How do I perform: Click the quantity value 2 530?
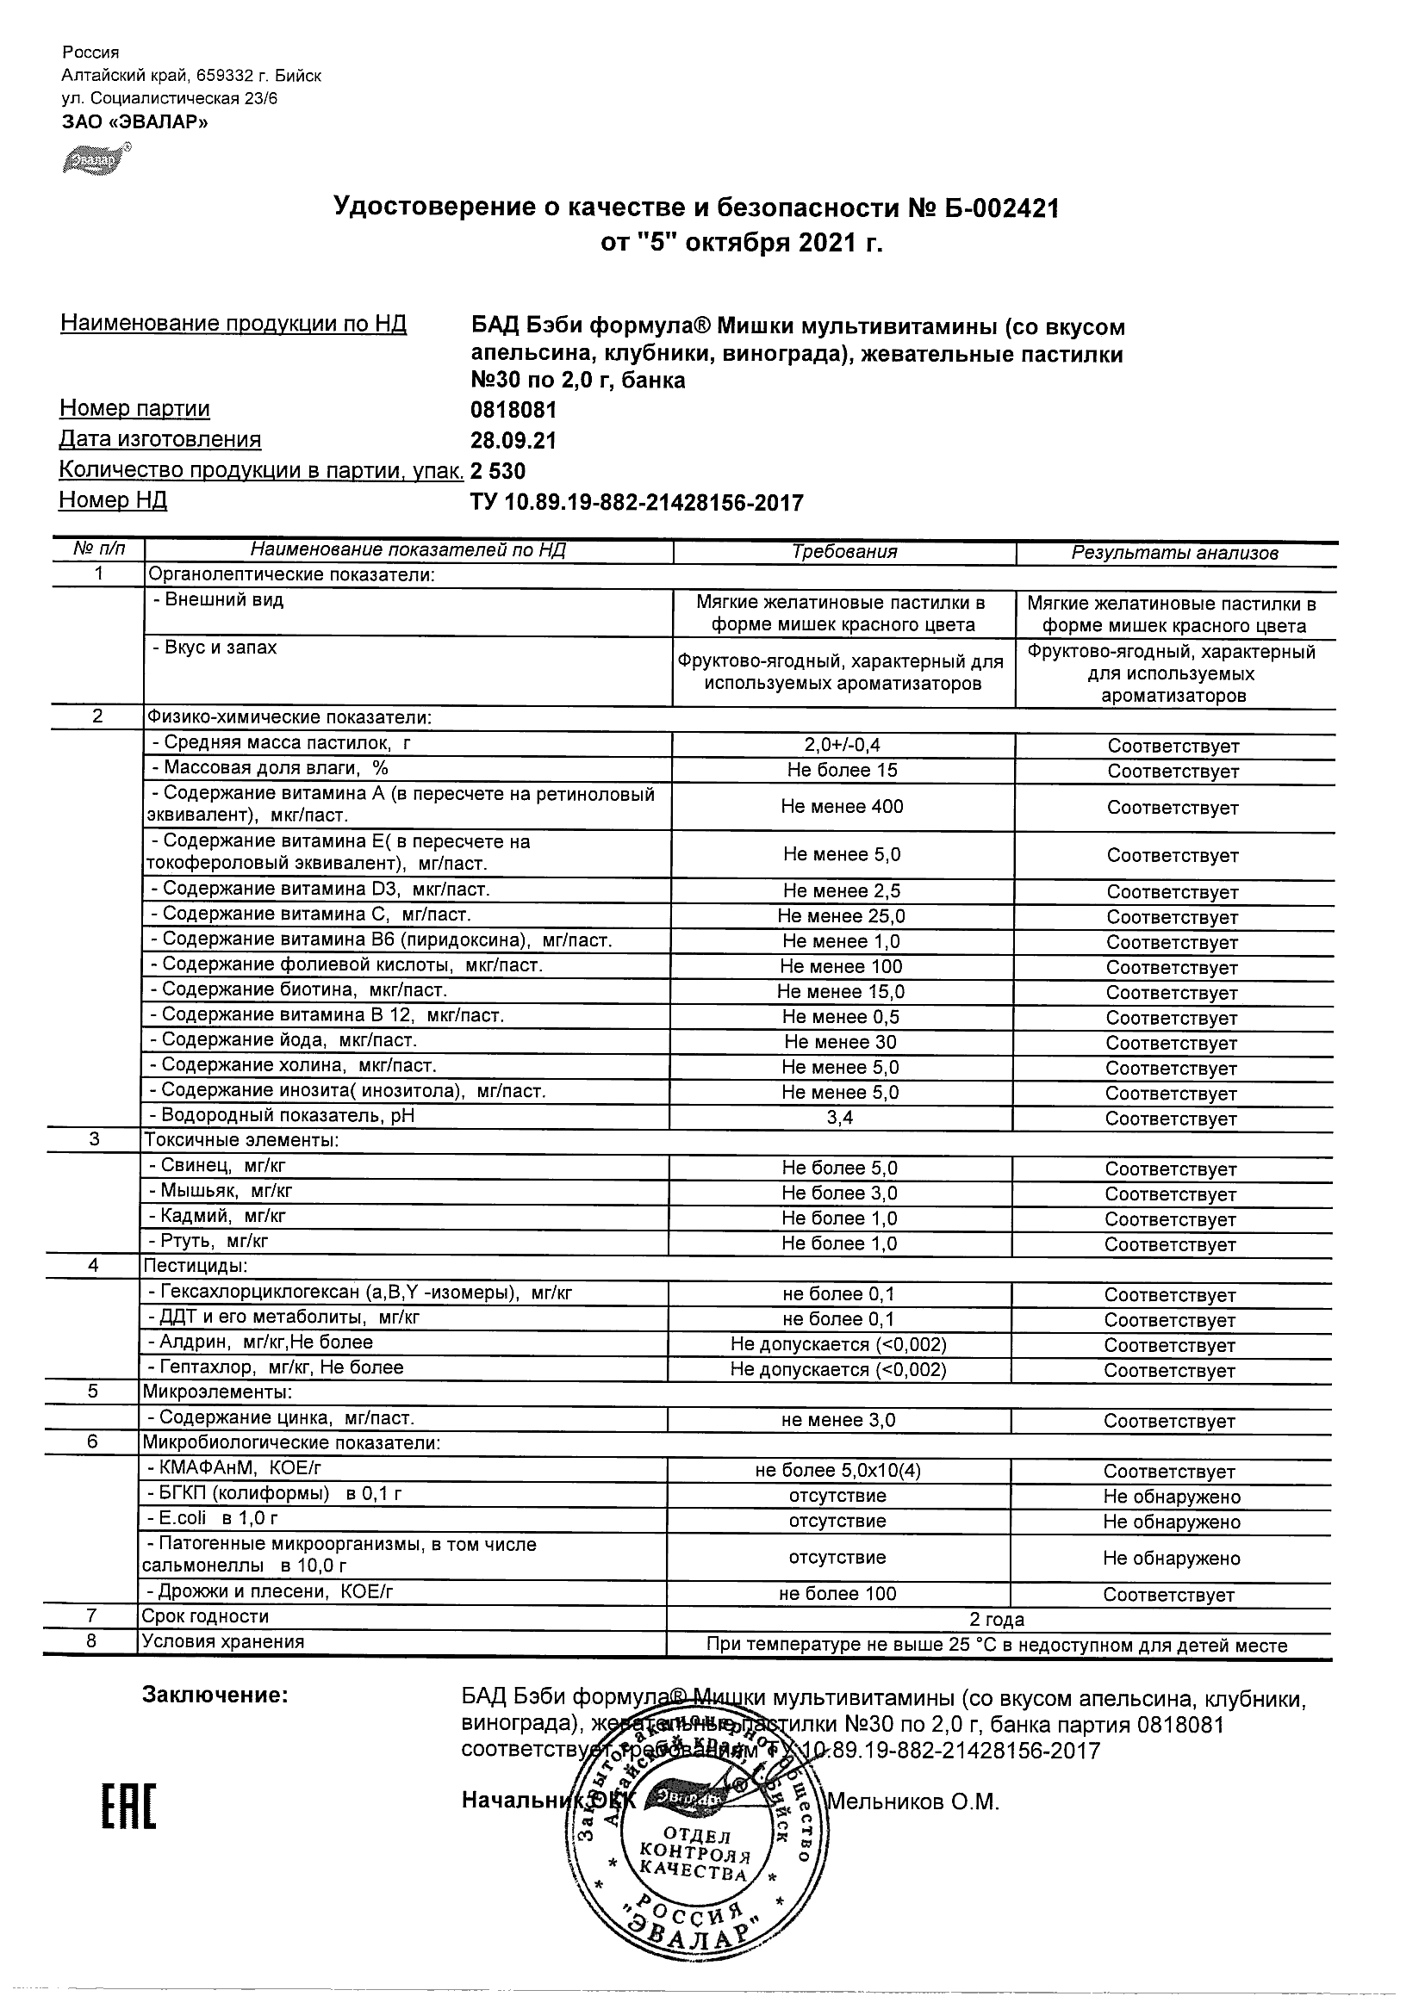(x=498, y=471)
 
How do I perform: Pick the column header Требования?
(x=843, y=552)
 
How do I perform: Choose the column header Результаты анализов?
(x=1174, y=553)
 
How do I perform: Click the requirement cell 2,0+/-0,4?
(x=842, y=745)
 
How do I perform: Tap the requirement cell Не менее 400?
(x=842, y=807)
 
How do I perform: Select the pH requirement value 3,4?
(x=840, y=1118)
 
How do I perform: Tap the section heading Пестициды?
(x=195, y=1266)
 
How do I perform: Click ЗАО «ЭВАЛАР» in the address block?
(x=135, y=122)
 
